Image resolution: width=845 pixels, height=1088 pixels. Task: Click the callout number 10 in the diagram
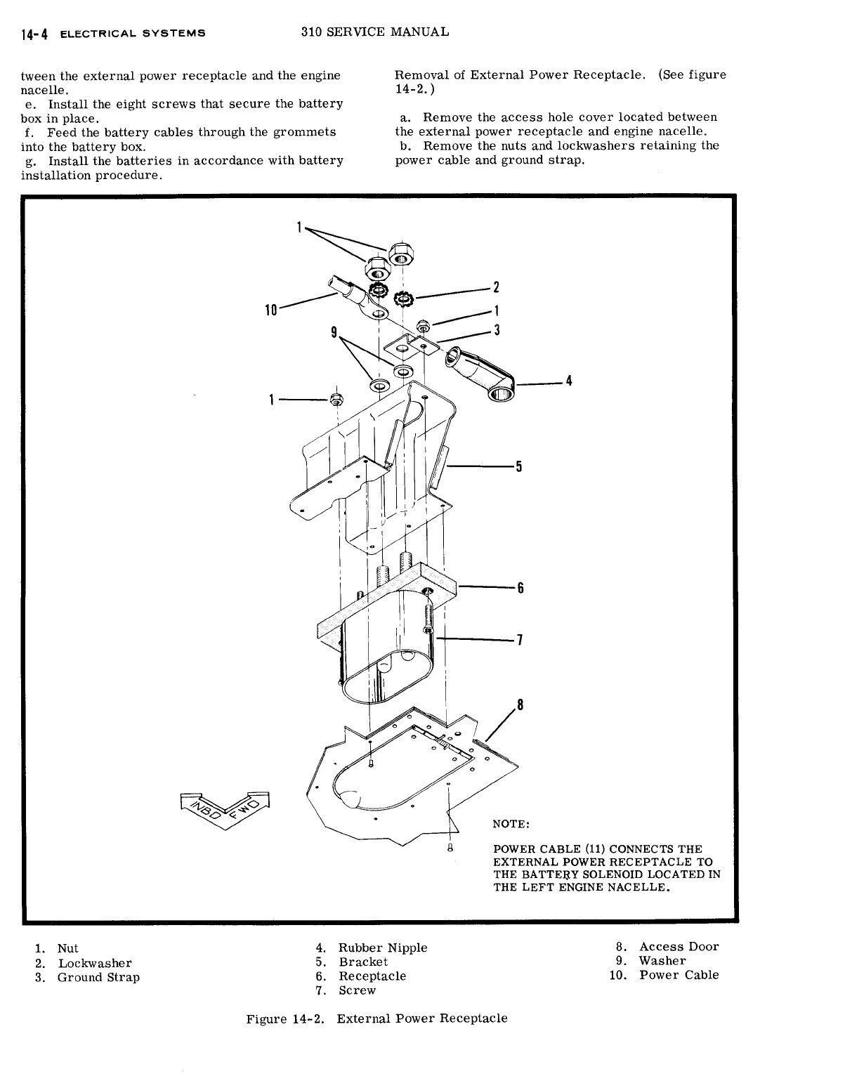coord(270,309)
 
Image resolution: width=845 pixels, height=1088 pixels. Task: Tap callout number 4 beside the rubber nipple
coord(569,381)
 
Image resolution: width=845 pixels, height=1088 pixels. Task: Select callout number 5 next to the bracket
coord(518,467)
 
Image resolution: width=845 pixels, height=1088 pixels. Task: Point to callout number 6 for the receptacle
coord(520,589)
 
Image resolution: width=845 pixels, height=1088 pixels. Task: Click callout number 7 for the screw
coord(520,641)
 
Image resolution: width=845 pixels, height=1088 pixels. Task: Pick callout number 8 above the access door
coord(520,705)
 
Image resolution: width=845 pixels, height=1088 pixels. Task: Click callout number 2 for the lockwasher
coord(496,287)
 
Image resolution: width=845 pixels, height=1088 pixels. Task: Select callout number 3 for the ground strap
coord(496,331)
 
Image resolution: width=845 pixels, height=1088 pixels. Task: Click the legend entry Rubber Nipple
coord(383,948)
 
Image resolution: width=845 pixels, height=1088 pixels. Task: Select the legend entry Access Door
coord(679,947)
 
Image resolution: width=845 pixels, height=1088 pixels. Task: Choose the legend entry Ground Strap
coord(98,978)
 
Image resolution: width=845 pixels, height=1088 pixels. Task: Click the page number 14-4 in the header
coord(34,34)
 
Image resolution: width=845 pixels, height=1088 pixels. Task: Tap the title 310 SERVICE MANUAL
coord(374,32)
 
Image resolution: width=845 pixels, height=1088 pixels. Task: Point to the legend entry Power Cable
coord(679,975)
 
